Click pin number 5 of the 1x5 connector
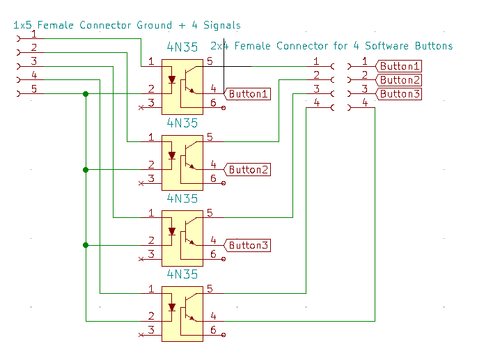(33, 88)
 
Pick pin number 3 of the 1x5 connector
(33, 62)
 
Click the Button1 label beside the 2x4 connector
(400, 66)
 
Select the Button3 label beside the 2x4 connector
(400, 94)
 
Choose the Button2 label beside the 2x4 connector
(400, 80)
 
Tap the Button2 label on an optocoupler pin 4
(249, 169)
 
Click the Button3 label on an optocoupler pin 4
(249, 245)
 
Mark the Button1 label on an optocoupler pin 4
(249, 94)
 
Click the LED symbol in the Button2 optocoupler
(172, 155)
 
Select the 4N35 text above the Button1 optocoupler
(182, 48)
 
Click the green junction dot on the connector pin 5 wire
(86, 94)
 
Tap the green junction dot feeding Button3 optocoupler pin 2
(86, 245)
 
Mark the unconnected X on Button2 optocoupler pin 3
(141, 183)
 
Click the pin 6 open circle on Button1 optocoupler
(223, 108)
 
